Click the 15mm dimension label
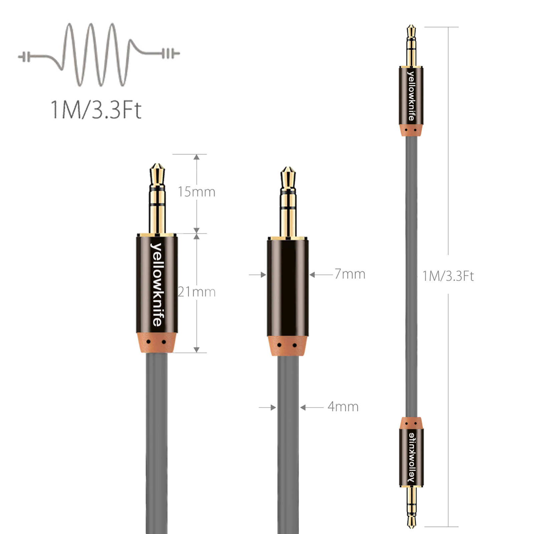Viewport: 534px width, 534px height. [x=196, y=192]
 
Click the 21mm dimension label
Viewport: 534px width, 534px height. [x=197, y=292]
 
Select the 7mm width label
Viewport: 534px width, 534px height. [x=350, y=274]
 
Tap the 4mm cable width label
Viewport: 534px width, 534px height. [x=343, y=407]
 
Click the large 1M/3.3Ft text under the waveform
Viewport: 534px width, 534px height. [x=96, y=109]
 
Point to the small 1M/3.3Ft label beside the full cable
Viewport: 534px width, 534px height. [x=448, y=276]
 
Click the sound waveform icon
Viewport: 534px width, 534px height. [x=99, y=54]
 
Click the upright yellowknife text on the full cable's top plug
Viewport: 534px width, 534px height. [x=412, y=96]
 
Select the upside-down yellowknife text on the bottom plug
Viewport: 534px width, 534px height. [x=412, y=457]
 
